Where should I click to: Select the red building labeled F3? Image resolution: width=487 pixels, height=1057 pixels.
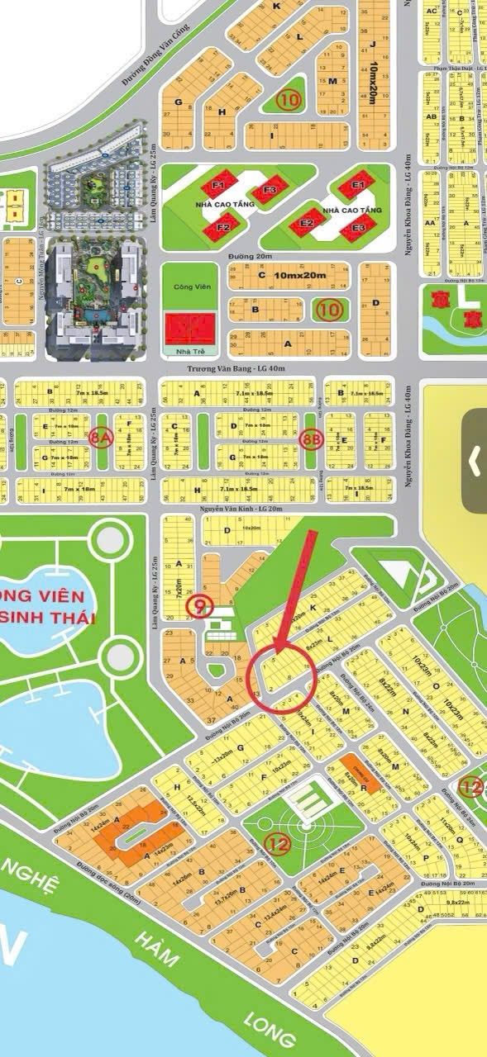click(269, 191)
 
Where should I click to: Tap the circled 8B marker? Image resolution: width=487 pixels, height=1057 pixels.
click(311, 438)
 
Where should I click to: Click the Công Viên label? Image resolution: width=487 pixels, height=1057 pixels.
click(193, 286)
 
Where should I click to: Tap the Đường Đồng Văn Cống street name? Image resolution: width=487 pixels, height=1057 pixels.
click(156, 55)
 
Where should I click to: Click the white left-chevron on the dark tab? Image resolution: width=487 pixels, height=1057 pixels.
click(475, 461)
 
